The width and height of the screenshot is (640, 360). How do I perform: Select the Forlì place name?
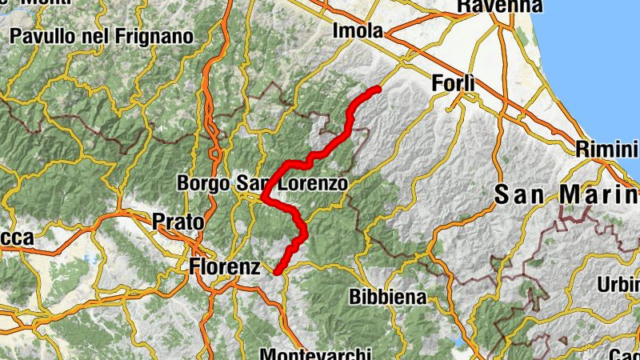(x=453, y=82)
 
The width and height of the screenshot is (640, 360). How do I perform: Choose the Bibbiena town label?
(x=387, y=296)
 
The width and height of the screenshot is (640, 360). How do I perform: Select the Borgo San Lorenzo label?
(x=262, y=183)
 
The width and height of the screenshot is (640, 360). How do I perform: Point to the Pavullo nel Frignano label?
(x=102, y=36)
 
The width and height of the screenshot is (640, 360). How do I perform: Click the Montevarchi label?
(x=316, y=353)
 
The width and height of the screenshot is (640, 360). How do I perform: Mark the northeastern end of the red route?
(x=377, y=88)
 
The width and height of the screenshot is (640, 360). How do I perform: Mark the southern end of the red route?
(x=277, y=272)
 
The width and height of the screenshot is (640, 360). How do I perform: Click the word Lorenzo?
(x=314, y=183)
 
